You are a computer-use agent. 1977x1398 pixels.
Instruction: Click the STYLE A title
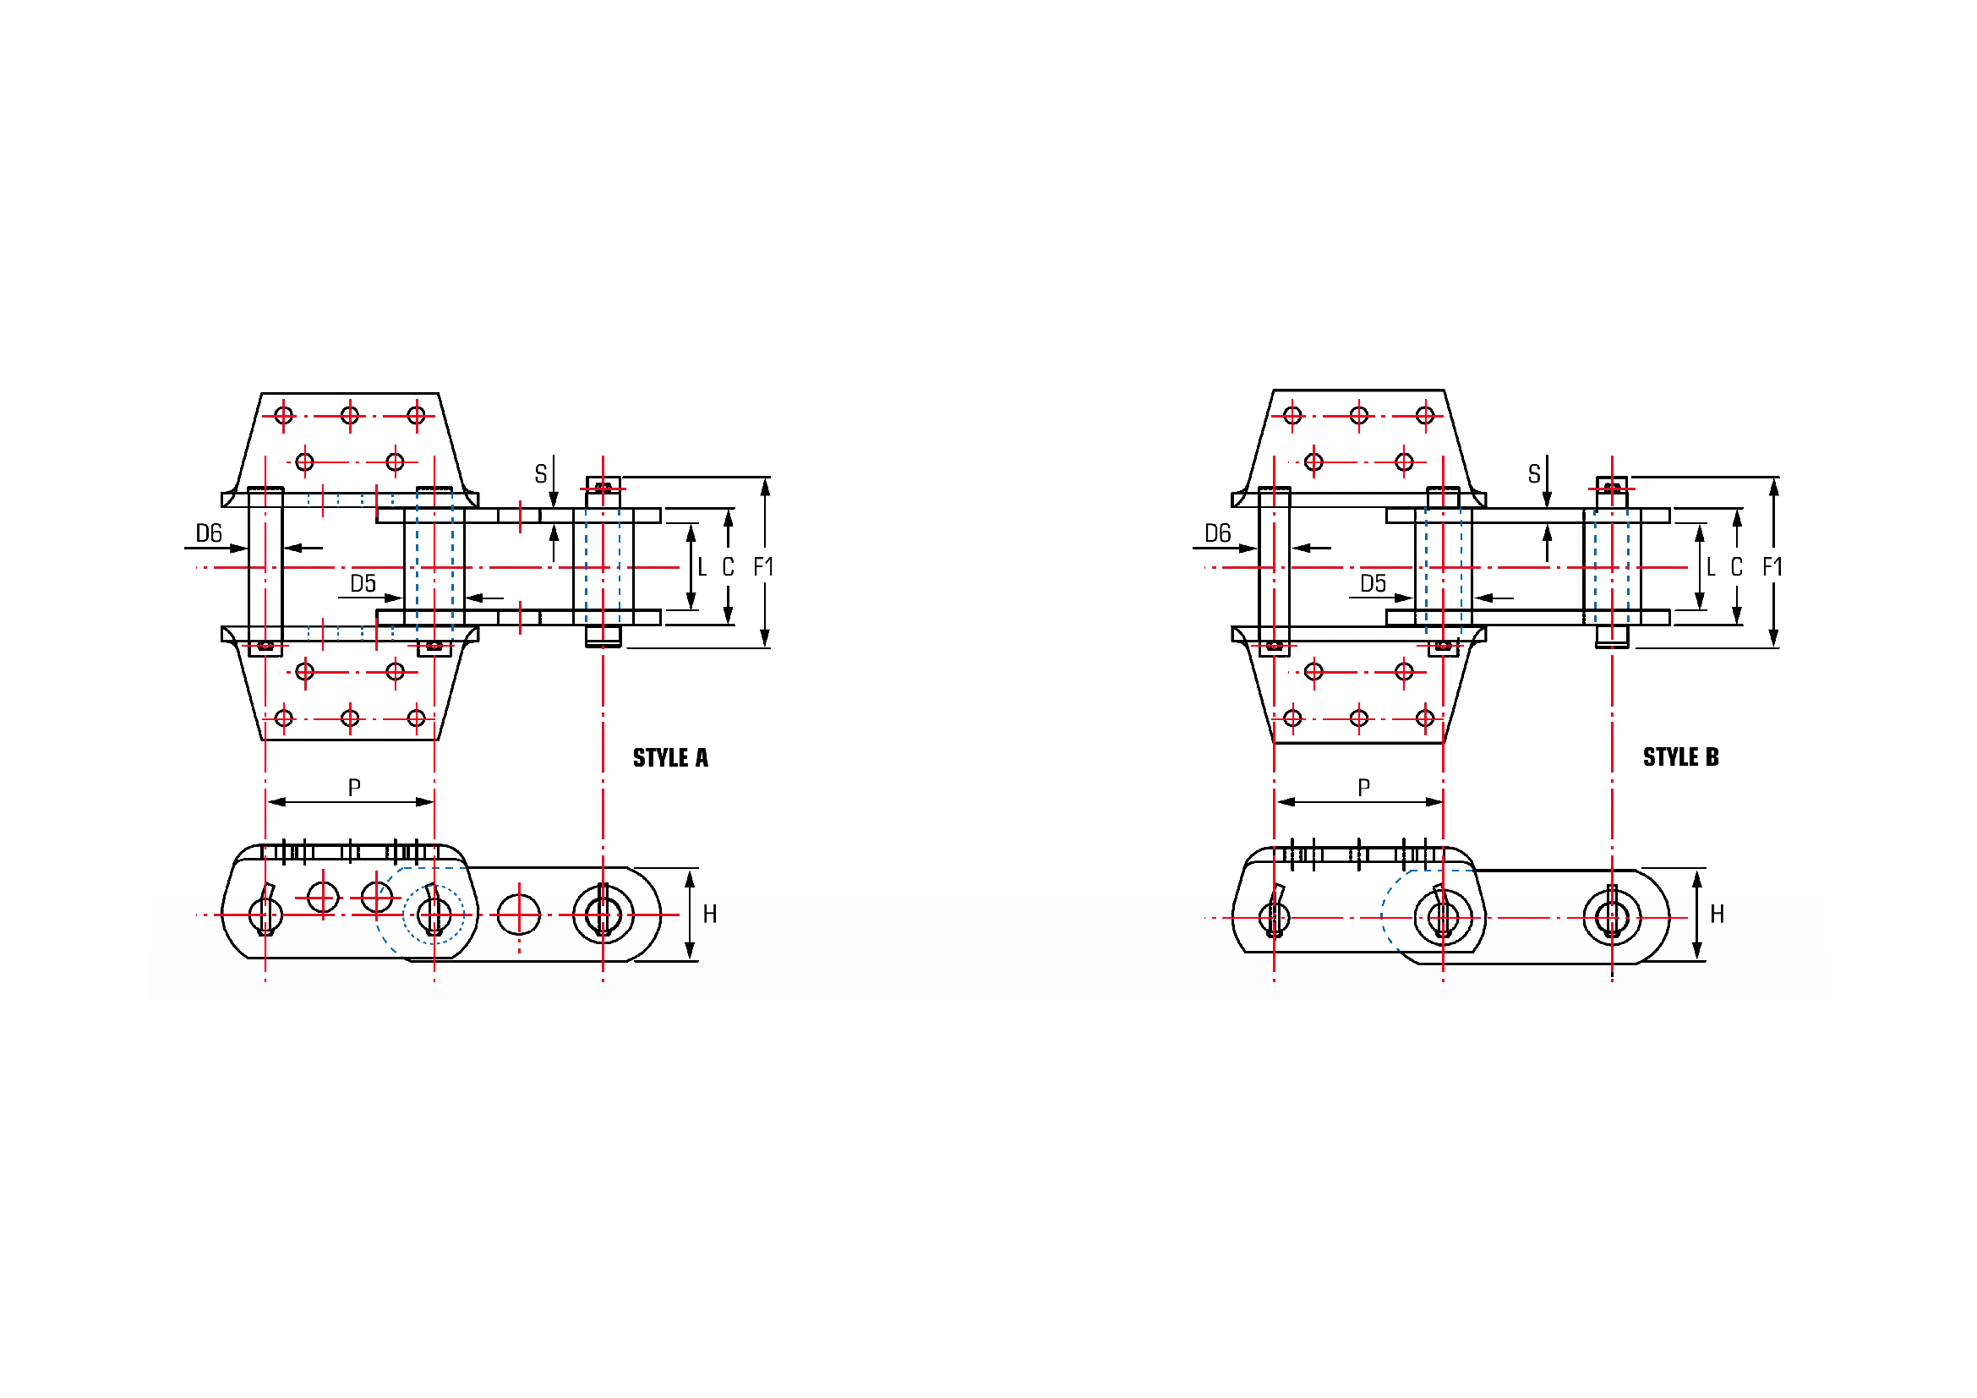click(670, 757)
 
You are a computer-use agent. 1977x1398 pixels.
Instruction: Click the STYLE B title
click(1680, 756)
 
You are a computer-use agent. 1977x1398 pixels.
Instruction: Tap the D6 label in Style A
click(209, 532)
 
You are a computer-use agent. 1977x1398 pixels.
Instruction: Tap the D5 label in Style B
click(1374, 584)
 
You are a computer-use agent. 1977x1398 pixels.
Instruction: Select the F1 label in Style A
click(763, 566)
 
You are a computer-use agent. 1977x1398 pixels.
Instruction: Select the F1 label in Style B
click(1772, 566)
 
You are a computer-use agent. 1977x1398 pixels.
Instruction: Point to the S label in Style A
click(540, 473)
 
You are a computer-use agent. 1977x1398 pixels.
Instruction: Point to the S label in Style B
click(1533, 473)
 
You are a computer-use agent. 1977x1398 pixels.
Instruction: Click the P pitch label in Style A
click(354, 787)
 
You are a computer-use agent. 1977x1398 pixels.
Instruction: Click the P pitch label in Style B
click(1363, 787)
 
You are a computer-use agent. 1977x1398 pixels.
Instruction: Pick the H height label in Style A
click(709, 915)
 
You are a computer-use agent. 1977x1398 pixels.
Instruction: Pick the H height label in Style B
click(1717, 915)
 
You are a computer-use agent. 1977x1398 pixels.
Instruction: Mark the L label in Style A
click(702, 566)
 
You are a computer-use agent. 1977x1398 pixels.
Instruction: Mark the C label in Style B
click(1737, 566)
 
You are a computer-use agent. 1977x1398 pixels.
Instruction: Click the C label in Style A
click(728, 566)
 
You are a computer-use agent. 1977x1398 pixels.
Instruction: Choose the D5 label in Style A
click(363, 584)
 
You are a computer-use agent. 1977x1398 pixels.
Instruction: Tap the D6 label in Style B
click(1217, 532)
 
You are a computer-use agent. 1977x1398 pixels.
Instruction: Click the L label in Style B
click(1711, 566)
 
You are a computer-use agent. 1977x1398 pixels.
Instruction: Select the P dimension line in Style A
click(351, 802)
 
